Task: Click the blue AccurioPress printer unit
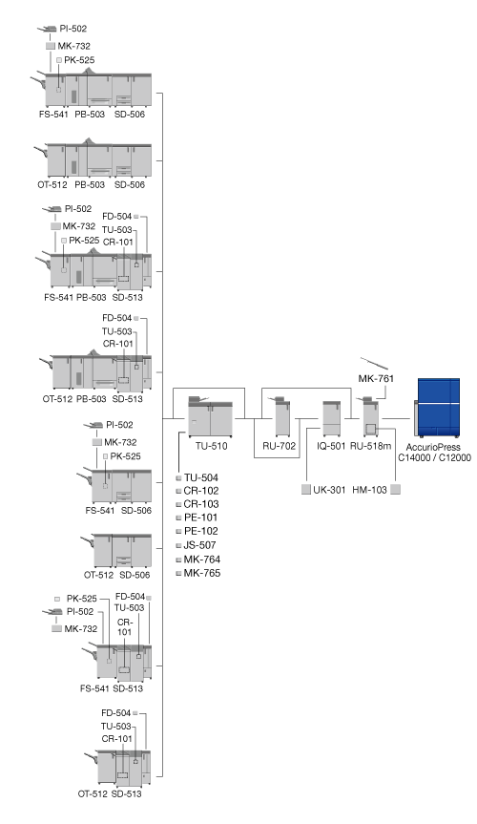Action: pos(437,408)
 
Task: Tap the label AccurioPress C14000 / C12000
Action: pos(434,453)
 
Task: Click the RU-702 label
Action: pos(279,446)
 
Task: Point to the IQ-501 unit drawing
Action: pos(331,418)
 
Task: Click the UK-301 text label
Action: pos(329,490)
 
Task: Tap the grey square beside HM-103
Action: pos(396,490)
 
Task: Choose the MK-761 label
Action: pos(376,378)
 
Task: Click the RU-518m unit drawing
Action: pos(370,417)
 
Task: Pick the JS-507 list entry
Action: pos(199,545)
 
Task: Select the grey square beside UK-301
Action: pos(306,490)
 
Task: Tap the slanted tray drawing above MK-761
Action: pos(374,363)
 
